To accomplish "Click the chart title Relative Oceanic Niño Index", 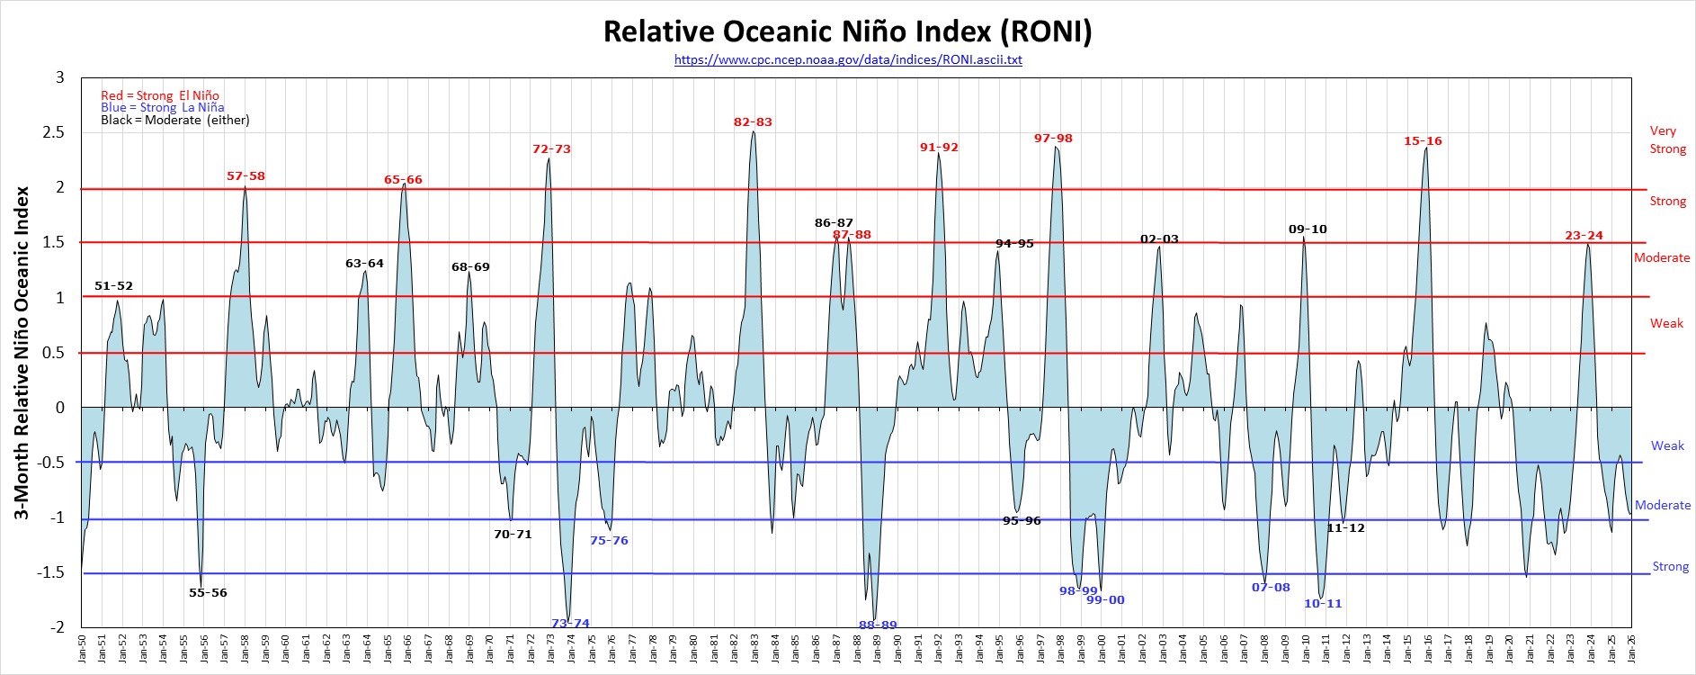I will click(x=847, y=31).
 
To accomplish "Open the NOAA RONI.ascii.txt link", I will click(x=847, y=60).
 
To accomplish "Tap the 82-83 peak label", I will click(x=753, y=122).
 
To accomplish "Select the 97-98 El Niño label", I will click(x=1053, y=139).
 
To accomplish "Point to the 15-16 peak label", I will click(x=1423, y=141).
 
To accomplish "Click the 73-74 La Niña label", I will click(x=570, y=623).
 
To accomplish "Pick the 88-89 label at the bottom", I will click(x=878, y=625).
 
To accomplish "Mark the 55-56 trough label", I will click(x=208, y=593).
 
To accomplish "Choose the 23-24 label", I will click(x=1584, y=236).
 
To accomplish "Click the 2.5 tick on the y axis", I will click(x=56, y=133).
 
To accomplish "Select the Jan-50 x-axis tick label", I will click(x=82, y=650).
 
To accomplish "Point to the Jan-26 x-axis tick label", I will click(x=1631, y=650).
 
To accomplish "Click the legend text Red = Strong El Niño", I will click(x=160, y=95).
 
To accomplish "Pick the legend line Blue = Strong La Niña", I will click(x=163, y=108).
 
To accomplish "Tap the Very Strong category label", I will click(x=1666, y=139).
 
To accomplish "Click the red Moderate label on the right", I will click(x=1661, y=257).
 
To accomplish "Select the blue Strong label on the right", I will click(x=1670, y=566).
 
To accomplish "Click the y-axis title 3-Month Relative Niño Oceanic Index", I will click(x=22, y=353).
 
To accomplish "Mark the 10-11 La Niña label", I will click(x=1323, y=604).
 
